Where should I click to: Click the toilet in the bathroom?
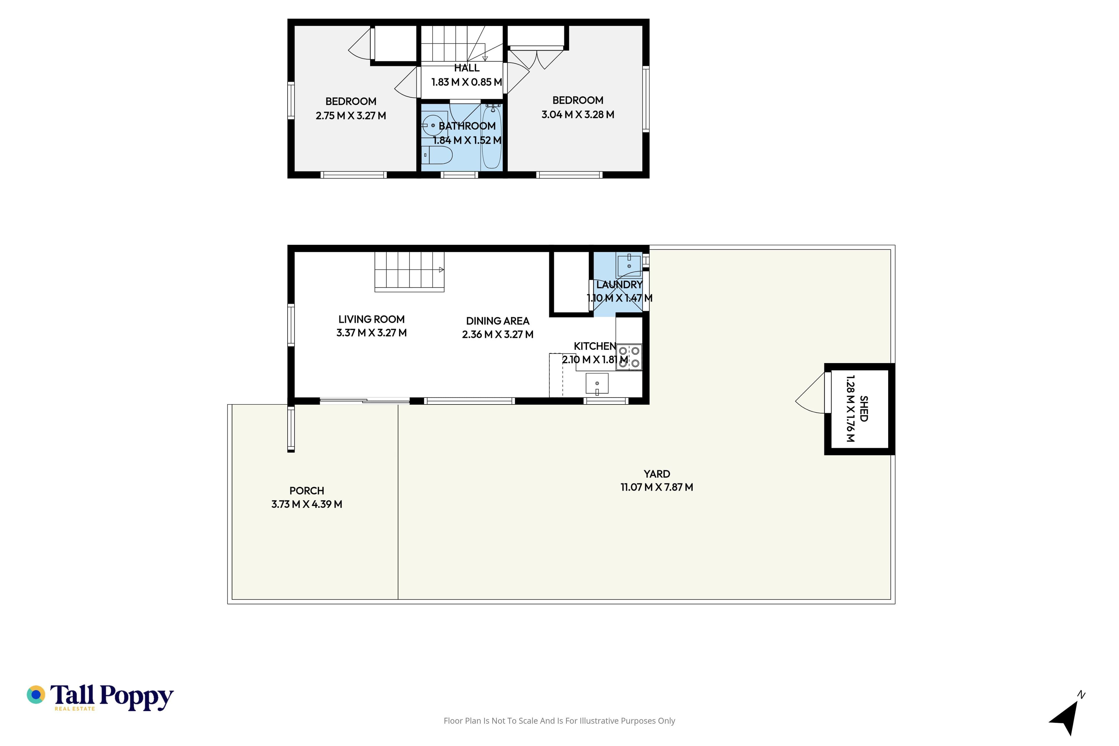click(437, 155)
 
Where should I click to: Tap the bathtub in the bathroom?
click(492, 137)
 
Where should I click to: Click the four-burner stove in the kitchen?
click(629, 357)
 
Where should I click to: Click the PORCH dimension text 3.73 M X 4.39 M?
click(307, 504)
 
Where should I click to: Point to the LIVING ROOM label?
click(372, 319)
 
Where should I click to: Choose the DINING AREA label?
click(498, 321)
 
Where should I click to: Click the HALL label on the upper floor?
click(467, 68)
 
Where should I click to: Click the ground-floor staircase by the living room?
click(409, 272)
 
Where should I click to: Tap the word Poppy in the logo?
click(137, 697)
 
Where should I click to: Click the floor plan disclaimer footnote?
click(559, 721)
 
